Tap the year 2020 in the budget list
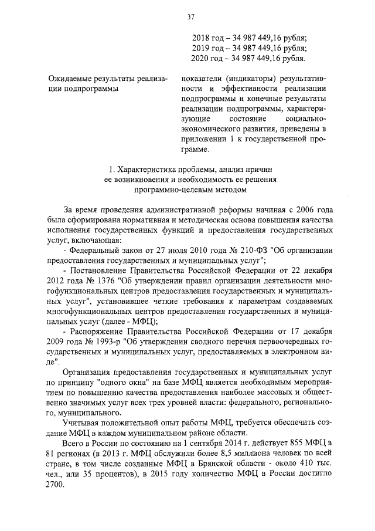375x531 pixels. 203,59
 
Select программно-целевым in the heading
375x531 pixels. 170,190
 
